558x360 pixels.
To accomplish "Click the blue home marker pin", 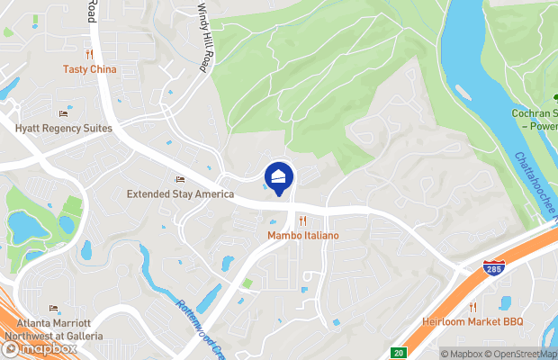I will pos(279,176).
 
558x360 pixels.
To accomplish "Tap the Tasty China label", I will pos(89,69).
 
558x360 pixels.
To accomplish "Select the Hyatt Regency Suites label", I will pos(63,129).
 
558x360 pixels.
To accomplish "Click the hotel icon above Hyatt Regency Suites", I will pos(63,113).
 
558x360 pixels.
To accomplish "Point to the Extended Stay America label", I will pos(180,193).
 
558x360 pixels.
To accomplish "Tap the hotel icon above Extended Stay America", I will pos(180,179).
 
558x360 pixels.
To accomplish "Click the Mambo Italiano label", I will pos(302,236).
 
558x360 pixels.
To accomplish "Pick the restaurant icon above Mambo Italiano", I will pos(302,220).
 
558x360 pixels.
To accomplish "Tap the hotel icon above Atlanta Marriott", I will pos(53,309).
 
